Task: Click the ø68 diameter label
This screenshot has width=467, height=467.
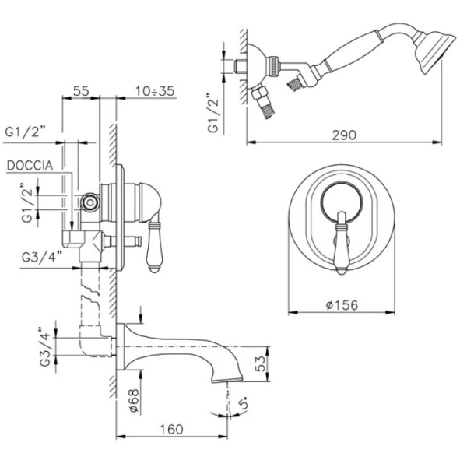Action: point(133,399)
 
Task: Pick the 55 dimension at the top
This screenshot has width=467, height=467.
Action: point(81,91)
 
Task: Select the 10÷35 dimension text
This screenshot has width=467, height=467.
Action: point(153,91)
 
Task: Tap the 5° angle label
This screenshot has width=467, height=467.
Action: point(245,404)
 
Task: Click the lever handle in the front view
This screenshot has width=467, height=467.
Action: point(342,243)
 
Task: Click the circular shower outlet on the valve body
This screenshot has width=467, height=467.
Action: point(91,203)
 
